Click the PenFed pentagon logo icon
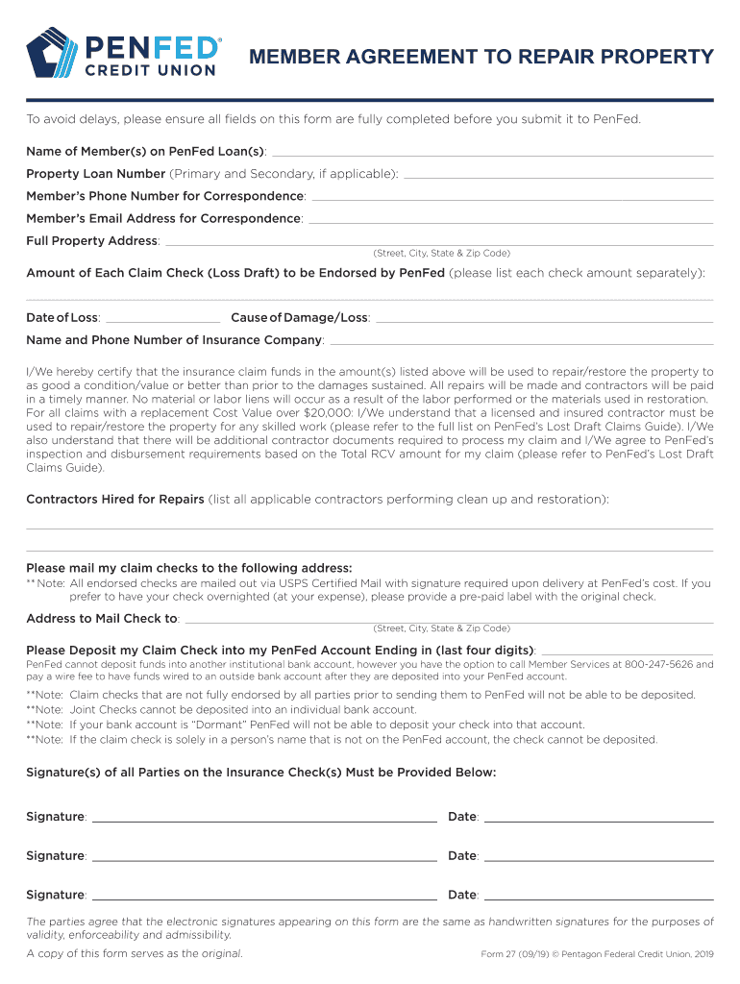point(55,53)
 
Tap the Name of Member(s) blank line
point(493,153)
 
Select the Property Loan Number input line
point(558,175)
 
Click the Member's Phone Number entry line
point(512,197)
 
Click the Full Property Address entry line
point(439,242)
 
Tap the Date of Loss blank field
point(162,319)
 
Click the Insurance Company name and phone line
point(521,342)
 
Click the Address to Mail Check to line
point(449,620)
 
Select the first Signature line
point(264,821)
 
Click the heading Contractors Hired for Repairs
point(115,500)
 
